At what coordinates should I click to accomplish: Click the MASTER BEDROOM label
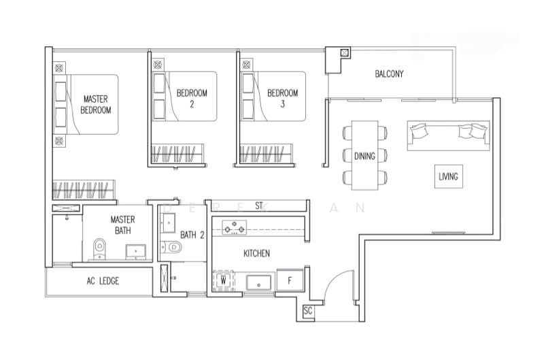pos(96,104)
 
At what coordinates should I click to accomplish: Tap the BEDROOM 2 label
pos(192,98)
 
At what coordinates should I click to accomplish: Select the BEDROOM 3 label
pos(282,98)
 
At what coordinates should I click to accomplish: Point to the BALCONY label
pos(390,73)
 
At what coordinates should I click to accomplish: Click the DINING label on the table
pos(364,156)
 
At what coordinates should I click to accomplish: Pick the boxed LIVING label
pos(448,177)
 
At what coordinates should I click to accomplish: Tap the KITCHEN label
pos(256,253)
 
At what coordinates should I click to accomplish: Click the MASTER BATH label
pos(123,225)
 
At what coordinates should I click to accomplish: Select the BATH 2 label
pos(192,235)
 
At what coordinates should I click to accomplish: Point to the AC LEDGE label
pos(103,280)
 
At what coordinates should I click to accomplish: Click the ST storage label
pos(258,205)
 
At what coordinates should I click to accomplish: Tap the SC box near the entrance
pos(308,310)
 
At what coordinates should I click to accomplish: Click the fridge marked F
pos(289,280)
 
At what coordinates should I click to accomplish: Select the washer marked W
pos(223,280)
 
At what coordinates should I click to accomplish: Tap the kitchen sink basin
pos(259,281)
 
